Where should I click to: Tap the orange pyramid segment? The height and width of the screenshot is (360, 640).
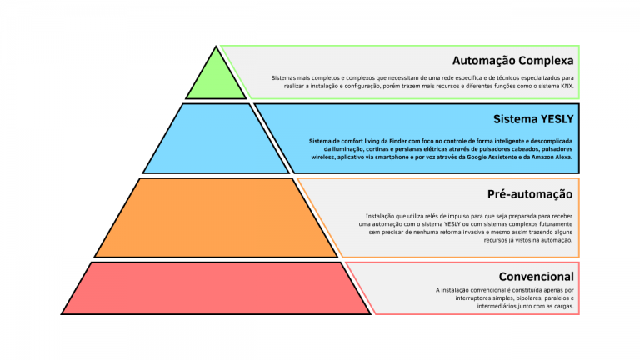[215, 217]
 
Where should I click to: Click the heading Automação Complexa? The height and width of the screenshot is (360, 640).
[512, 61]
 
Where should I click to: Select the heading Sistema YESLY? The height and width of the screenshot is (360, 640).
[532, 118]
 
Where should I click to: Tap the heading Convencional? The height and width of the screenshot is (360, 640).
[536, 276]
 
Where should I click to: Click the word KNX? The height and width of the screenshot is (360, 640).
[566, 86]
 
